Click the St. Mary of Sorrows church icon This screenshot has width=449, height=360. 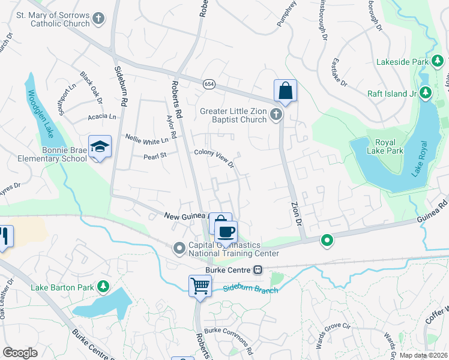pos(99,20)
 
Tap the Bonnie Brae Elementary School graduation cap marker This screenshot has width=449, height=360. pos(100,146)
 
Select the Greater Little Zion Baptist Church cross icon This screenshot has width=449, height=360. pos(276,114)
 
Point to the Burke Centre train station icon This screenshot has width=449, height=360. pos(258,269)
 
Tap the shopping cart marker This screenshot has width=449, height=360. pos(199,285)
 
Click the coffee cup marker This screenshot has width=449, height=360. pos(226,232)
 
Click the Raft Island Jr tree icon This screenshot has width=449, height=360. pos(425,92)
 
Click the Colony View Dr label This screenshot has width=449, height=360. pos(213,157)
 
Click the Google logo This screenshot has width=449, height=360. pos(20,353)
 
